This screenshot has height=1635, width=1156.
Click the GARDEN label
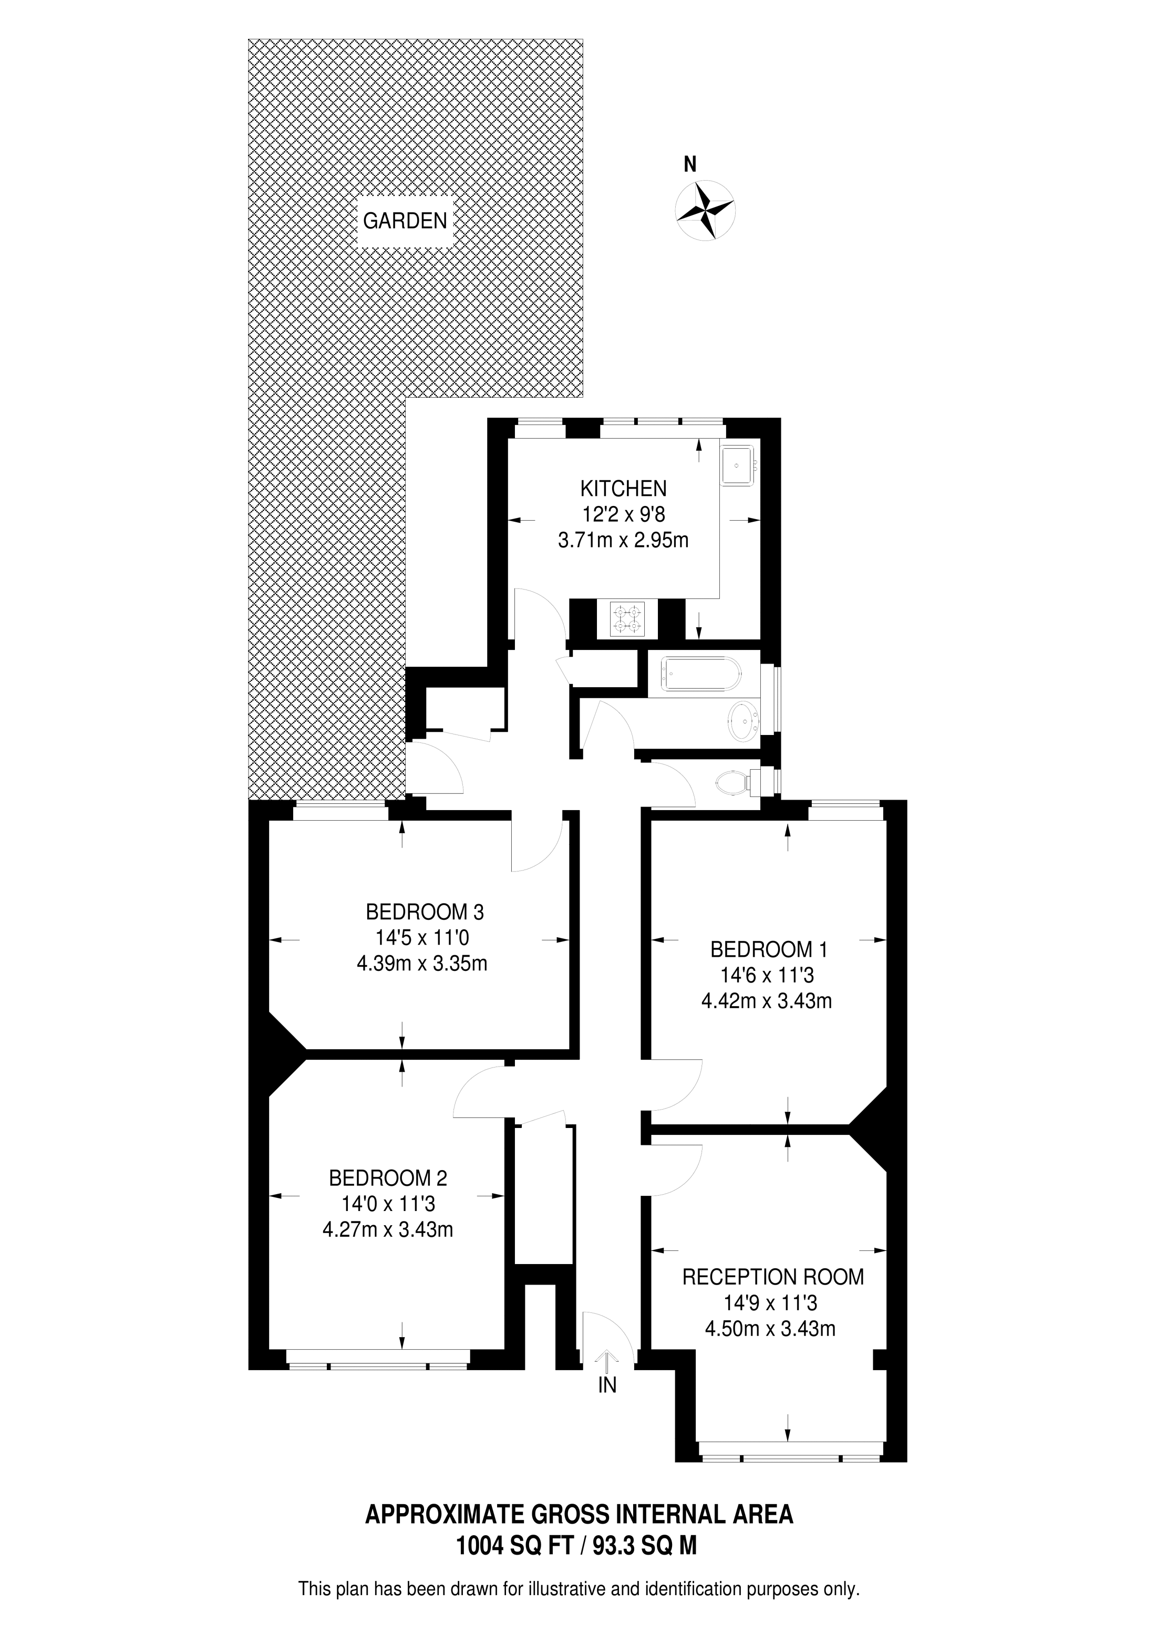point(405,221)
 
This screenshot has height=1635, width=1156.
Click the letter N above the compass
point(689,165)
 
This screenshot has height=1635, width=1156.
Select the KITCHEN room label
point(623,489)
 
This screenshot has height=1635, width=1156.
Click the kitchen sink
point(737,465)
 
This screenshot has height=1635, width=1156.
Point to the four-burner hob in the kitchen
point(627,619)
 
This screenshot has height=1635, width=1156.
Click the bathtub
point(701,674)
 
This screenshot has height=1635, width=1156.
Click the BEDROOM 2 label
point(387,1178)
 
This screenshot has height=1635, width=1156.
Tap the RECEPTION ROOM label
point(773,1277)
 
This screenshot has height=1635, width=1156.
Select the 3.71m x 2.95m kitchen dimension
point(623,541)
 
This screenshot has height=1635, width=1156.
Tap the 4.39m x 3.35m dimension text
point(421,964)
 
